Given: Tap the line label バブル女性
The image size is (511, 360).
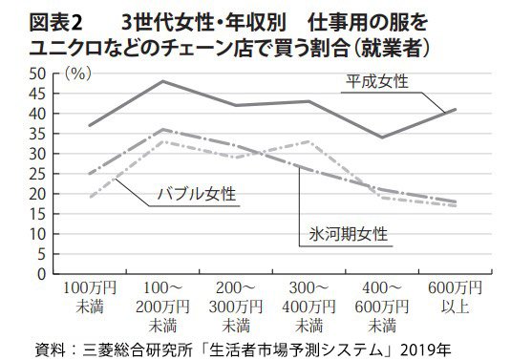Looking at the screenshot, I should [x=198, y=195].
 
